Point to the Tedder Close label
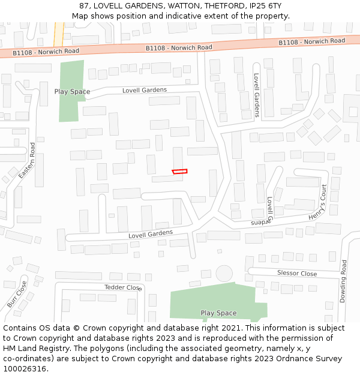click(122, 287)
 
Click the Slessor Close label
click(297, 273)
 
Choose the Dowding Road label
click(343, 281)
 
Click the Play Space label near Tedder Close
click(218, 313)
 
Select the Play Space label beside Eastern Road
click(72, 92)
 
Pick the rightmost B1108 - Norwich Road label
click(312, 41)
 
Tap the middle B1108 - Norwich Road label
click(179, 47)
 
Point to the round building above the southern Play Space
click(224, 274)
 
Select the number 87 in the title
click(84, 5)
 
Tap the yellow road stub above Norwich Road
click(59, 34)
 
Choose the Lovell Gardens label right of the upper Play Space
click(145, 90)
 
